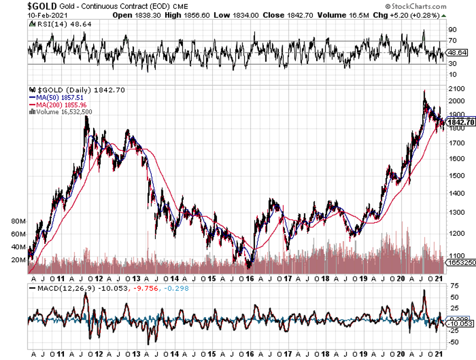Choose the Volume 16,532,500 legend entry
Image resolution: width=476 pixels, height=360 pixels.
pyautogui.click(x=63, y=111)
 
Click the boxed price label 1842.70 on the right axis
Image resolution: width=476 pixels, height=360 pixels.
pyautogui.click(x=460, y=122)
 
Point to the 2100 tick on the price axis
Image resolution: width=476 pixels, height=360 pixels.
pyautogui.click(x=455, y=89)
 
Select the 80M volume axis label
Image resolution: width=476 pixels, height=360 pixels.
pyautogui.click(x=19, y=221)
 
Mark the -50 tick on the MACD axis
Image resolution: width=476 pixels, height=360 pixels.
pyautogui.click(x=454, y=342)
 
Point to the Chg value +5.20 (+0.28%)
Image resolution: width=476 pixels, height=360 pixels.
pyautogui.click(x=410, y=15)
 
